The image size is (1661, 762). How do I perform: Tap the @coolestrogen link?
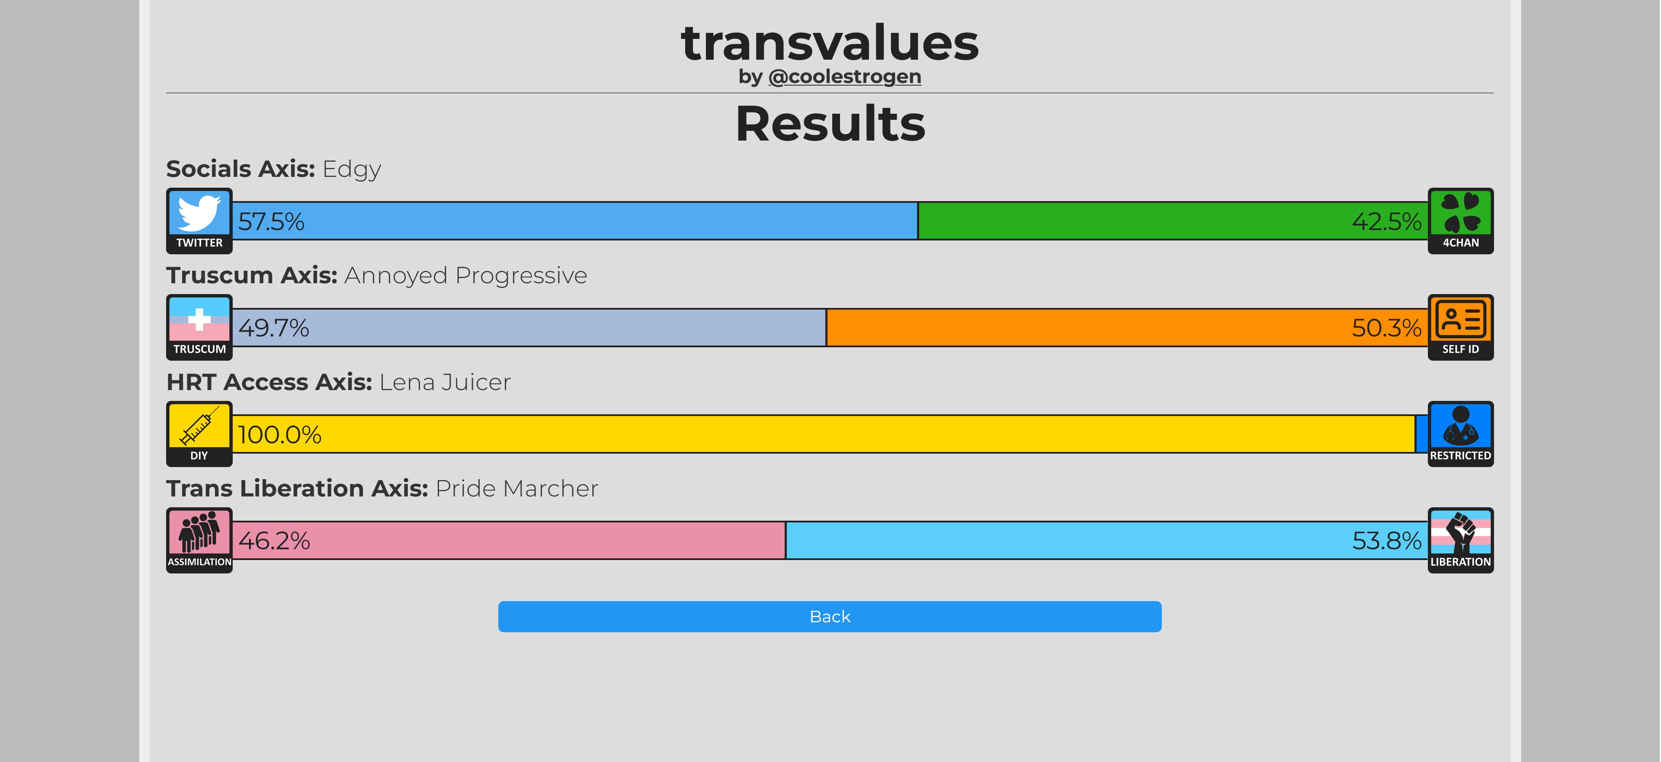click(845, 77)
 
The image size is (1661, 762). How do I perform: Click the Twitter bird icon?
click(199, 213)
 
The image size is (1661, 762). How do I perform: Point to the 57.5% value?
click(271, 222)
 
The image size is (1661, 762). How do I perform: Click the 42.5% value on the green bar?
click(1386, 222)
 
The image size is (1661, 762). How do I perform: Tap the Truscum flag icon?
click(199, 319)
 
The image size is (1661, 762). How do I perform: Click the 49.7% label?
click(273, 328)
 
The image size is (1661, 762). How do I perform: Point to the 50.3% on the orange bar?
click(1386, 328)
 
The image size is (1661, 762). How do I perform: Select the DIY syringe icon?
click(199, 426)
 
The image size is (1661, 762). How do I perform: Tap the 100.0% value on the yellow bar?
click(279, 435)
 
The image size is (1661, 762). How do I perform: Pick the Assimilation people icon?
click(199, 532)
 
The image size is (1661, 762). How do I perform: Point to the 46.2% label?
click(274, 541)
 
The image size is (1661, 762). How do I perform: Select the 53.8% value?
click(1386, 541)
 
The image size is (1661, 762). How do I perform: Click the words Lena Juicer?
click(445, 382)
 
